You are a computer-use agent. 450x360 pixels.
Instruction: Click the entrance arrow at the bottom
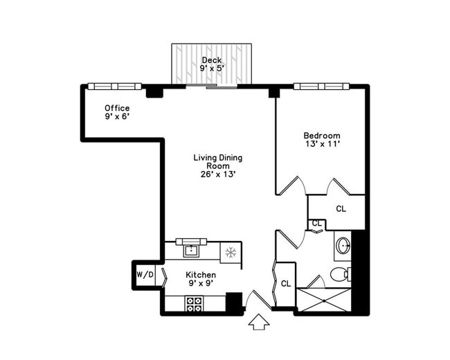tap(259, 322)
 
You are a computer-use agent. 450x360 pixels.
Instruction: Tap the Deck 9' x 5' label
tap(212, 64)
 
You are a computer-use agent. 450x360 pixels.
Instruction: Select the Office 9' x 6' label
tap(117, 112)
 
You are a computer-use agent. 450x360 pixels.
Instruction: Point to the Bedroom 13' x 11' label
tap(322, 140)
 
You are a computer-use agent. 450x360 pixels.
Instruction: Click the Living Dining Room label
tap(218, 166)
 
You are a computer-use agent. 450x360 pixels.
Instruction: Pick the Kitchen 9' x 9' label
tap(201, 279)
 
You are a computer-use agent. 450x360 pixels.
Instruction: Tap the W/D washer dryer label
tap(145, 275)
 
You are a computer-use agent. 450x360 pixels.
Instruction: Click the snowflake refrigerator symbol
tap(231, 253)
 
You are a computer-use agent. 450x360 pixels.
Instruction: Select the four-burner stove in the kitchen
tap(194, 304)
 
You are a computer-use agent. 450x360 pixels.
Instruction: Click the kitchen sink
tap(191, 251)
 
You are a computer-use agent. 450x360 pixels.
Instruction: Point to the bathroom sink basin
tap(343, 246)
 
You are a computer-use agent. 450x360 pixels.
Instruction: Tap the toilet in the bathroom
tap(339, 275)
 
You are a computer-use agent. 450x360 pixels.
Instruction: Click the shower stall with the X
tap(324, 300)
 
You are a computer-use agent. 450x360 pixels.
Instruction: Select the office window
tap(114, 86)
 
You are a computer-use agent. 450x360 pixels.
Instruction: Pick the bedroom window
tap(321, 86)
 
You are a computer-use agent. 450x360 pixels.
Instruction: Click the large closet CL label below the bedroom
tap(341, 208)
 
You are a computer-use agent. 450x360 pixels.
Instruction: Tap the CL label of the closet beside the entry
tap(285, 284)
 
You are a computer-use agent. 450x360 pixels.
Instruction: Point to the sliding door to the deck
tap(212, 86)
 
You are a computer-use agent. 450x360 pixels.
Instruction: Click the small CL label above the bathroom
tap(317, 223)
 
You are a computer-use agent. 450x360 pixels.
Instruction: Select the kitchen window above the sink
tap(191, 242)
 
